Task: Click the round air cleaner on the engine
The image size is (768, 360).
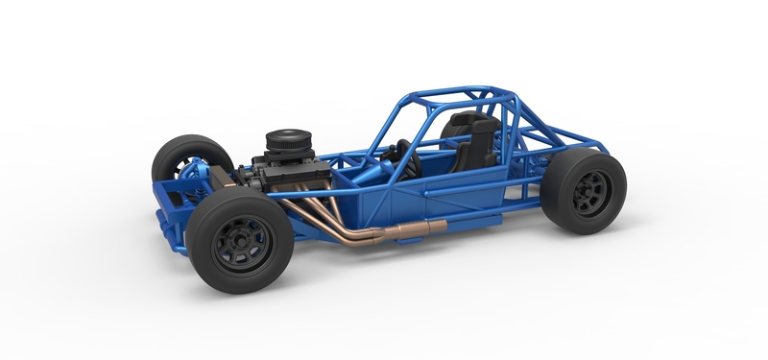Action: [285, 141]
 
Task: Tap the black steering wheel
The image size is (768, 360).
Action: [407, 158]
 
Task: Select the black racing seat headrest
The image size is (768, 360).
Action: [468, 124]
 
